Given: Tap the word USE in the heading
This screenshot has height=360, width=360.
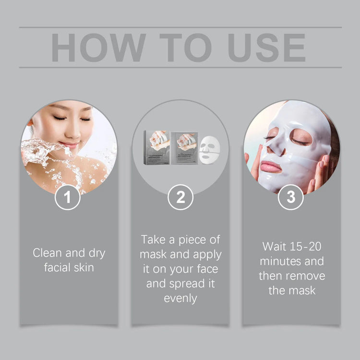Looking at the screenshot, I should [x=266, y=47].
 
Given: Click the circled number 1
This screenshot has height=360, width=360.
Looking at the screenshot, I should [x=68, y=197].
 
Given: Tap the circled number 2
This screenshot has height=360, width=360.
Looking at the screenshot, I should [x=180, y=197].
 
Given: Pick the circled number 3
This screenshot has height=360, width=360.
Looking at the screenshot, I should [x=291, y=197].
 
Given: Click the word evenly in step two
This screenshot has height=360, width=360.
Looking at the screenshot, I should [x=180, y=298].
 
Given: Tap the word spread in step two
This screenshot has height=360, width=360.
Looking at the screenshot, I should [x=188, y=283].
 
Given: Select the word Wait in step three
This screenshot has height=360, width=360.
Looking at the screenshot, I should [x=275, y=247].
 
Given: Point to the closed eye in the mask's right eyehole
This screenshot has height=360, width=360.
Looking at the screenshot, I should [x=302, y=141].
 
